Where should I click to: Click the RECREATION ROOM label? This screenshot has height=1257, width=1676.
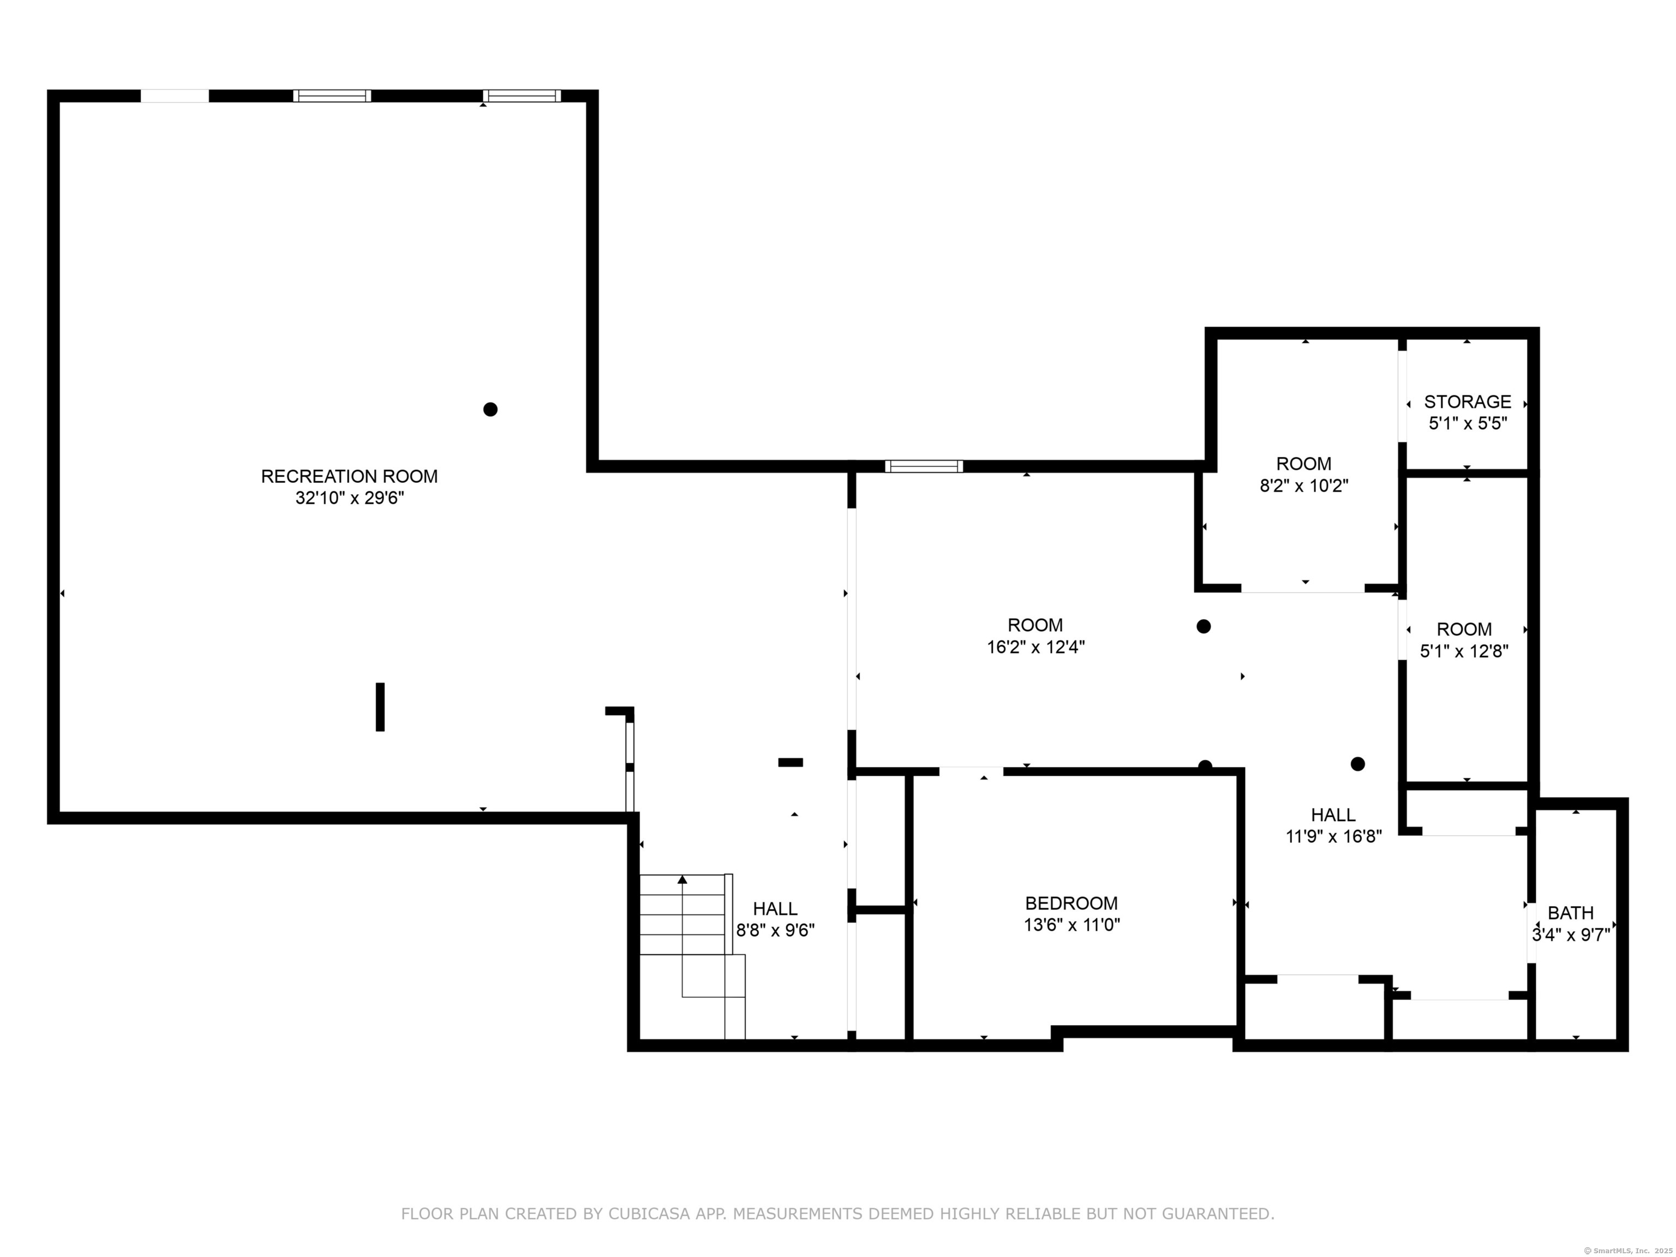(x=349, y=477)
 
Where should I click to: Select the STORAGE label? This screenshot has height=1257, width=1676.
(x=1468, y=402)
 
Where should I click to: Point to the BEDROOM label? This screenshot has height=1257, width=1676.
(x=1072, y=903)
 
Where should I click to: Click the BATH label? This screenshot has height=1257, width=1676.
(x=1571, y=913)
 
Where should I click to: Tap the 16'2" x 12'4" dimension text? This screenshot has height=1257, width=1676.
(x=1035, y=647)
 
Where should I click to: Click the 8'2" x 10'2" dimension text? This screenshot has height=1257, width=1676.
(x=1304, y=486)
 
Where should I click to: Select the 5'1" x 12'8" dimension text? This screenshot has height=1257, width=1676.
(x=1464, y=651)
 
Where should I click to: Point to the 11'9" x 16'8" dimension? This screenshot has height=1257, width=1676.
(x=1333, y=836)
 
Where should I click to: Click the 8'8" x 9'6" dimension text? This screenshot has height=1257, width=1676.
(x=775, y=930)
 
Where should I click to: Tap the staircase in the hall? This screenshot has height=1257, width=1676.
(x=692, y=956)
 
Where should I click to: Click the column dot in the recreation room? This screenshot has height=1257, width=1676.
(x=490, y=409)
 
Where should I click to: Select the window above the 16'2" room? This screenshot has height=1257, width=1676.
(x=924, y=466)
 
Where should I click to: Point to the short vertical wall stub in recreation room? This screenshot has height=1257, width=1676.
(x=380, y=707)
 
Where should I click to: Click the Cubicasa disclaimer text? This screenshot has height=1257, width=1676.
(x=837, y=1214)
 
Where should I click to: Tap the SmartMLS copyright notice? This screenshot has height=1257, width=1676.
(x=1629, y=1250)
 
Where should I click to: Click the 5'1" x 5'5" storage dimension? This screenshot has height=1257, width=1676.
(x=1468, y=423)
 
